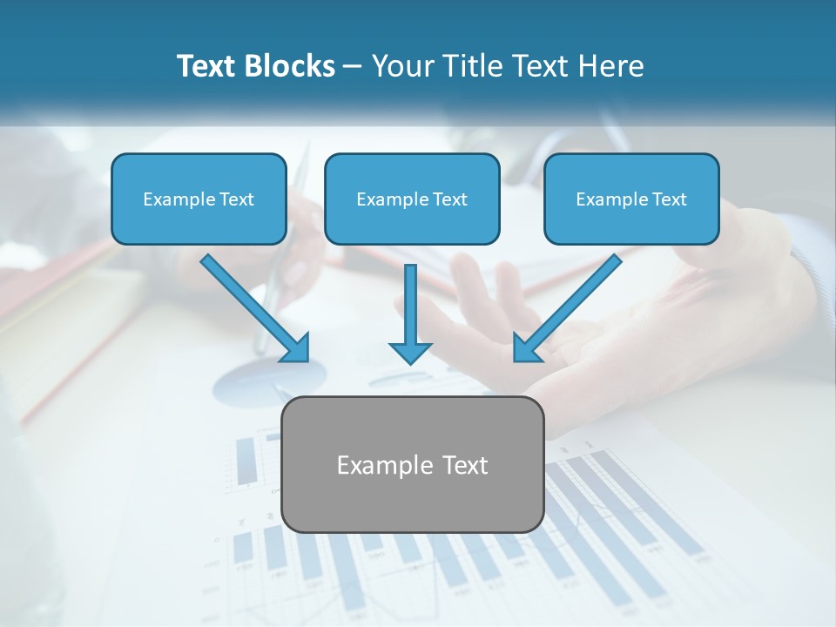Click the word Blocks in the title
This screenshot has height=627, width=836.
[291, 66]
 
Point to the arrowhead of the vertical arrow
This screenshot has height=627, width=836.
[410, 353]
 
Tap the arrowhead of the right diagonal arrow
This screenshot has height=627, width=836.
[525, 348]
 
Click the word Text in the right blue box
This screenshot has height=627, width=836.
[670, 199]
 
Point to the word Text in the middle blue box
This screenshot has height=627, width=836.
[450, 199]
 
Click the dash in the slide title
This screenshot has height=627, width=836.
[353, 66]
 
